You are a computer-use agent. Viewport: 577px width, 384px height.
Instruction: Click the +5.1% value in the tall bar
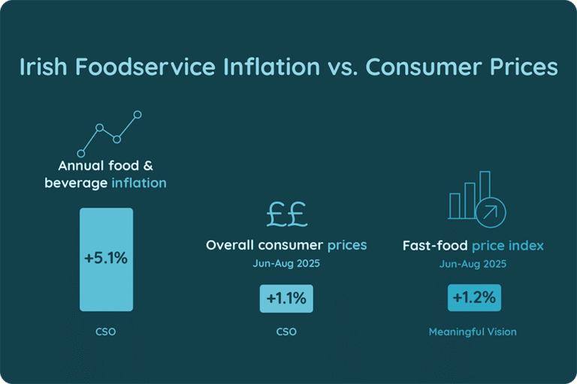point(106,259)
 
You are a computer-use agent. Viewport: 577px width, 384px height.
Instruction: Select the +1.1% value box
point(286,298)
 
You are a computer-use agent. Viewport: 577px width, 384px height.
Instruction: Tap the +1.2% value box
point(473,297)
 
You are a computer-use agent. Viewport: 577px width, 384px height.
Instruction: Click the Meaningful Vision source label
point(473,331)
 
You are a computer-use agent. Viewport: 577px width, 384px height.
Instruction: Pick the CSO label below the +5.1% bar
point(106,331)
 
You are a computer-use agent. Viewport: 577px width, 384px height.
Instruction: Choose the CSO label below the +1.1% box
point(286,331)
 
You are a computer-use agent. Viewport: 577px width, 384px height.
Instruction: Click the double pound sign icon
point(285,214)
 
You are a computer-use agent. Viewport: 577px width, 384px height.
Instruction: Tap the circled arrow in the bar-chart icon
point(491,211)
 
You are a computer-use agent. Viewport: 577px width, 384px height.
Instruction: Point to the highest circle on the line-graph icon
point(137,115)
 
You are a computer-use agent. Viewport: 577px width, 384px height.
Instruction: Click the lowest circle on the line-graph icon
point(81,153)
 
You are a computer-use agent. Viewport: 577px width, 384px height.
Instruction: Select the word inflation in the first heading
point(139,182)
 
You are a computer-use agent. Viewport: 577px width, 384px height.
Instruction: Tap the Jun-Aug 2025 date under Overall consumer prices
point(286,263)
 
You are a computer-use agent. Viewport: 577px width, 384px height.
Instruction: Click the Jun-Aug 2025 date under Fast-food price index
point(473,263)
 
